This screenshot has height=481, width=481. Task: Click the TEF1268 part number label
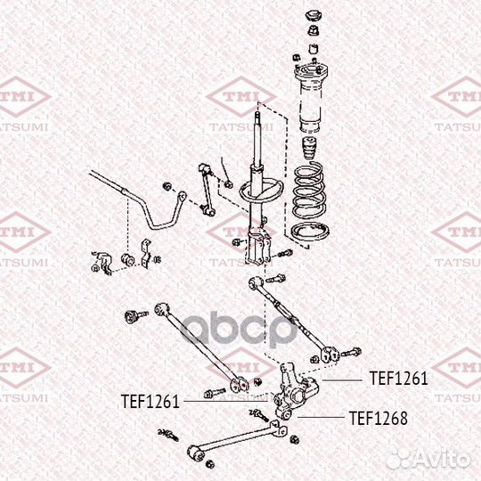click(379, 418)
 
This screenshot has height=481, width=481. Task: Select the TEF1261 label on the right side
click(398, 378)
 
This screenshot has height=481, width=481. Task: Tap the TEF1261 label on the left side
click(150, 401)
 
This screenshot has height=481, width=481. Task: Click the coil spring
click(308, 191)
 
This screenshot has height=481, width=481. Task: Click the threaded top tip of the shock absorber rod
click(257, 115)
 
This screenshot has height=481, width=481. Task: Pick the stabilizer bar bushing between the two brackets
click(127, 259)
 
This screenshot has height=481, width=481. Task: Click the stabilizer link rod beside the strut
click(206, 190)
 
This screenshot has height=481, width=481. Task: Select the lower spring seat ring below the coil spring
click(310, 232)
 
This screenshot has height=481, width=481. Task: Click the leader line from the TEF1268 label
click(321, 417)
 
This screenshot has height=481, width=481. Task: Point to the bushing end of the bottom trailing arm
click(195, 452)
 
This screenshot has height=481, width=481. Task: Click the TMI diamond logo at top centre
click(241, 97)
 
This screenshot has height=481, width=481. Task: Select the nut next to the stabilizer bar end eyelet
click(167, 186)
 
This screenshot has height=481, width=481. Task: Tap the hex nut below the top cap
click(314, 30)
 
